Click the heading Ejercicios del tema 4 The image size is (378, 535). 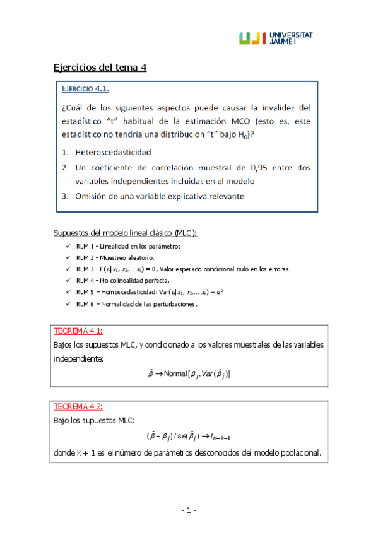click(100, 68)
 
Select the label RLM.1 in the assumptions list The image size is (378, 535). click(86, 246)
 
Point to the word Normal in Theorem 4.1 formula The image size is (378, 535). click(174, 374)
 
